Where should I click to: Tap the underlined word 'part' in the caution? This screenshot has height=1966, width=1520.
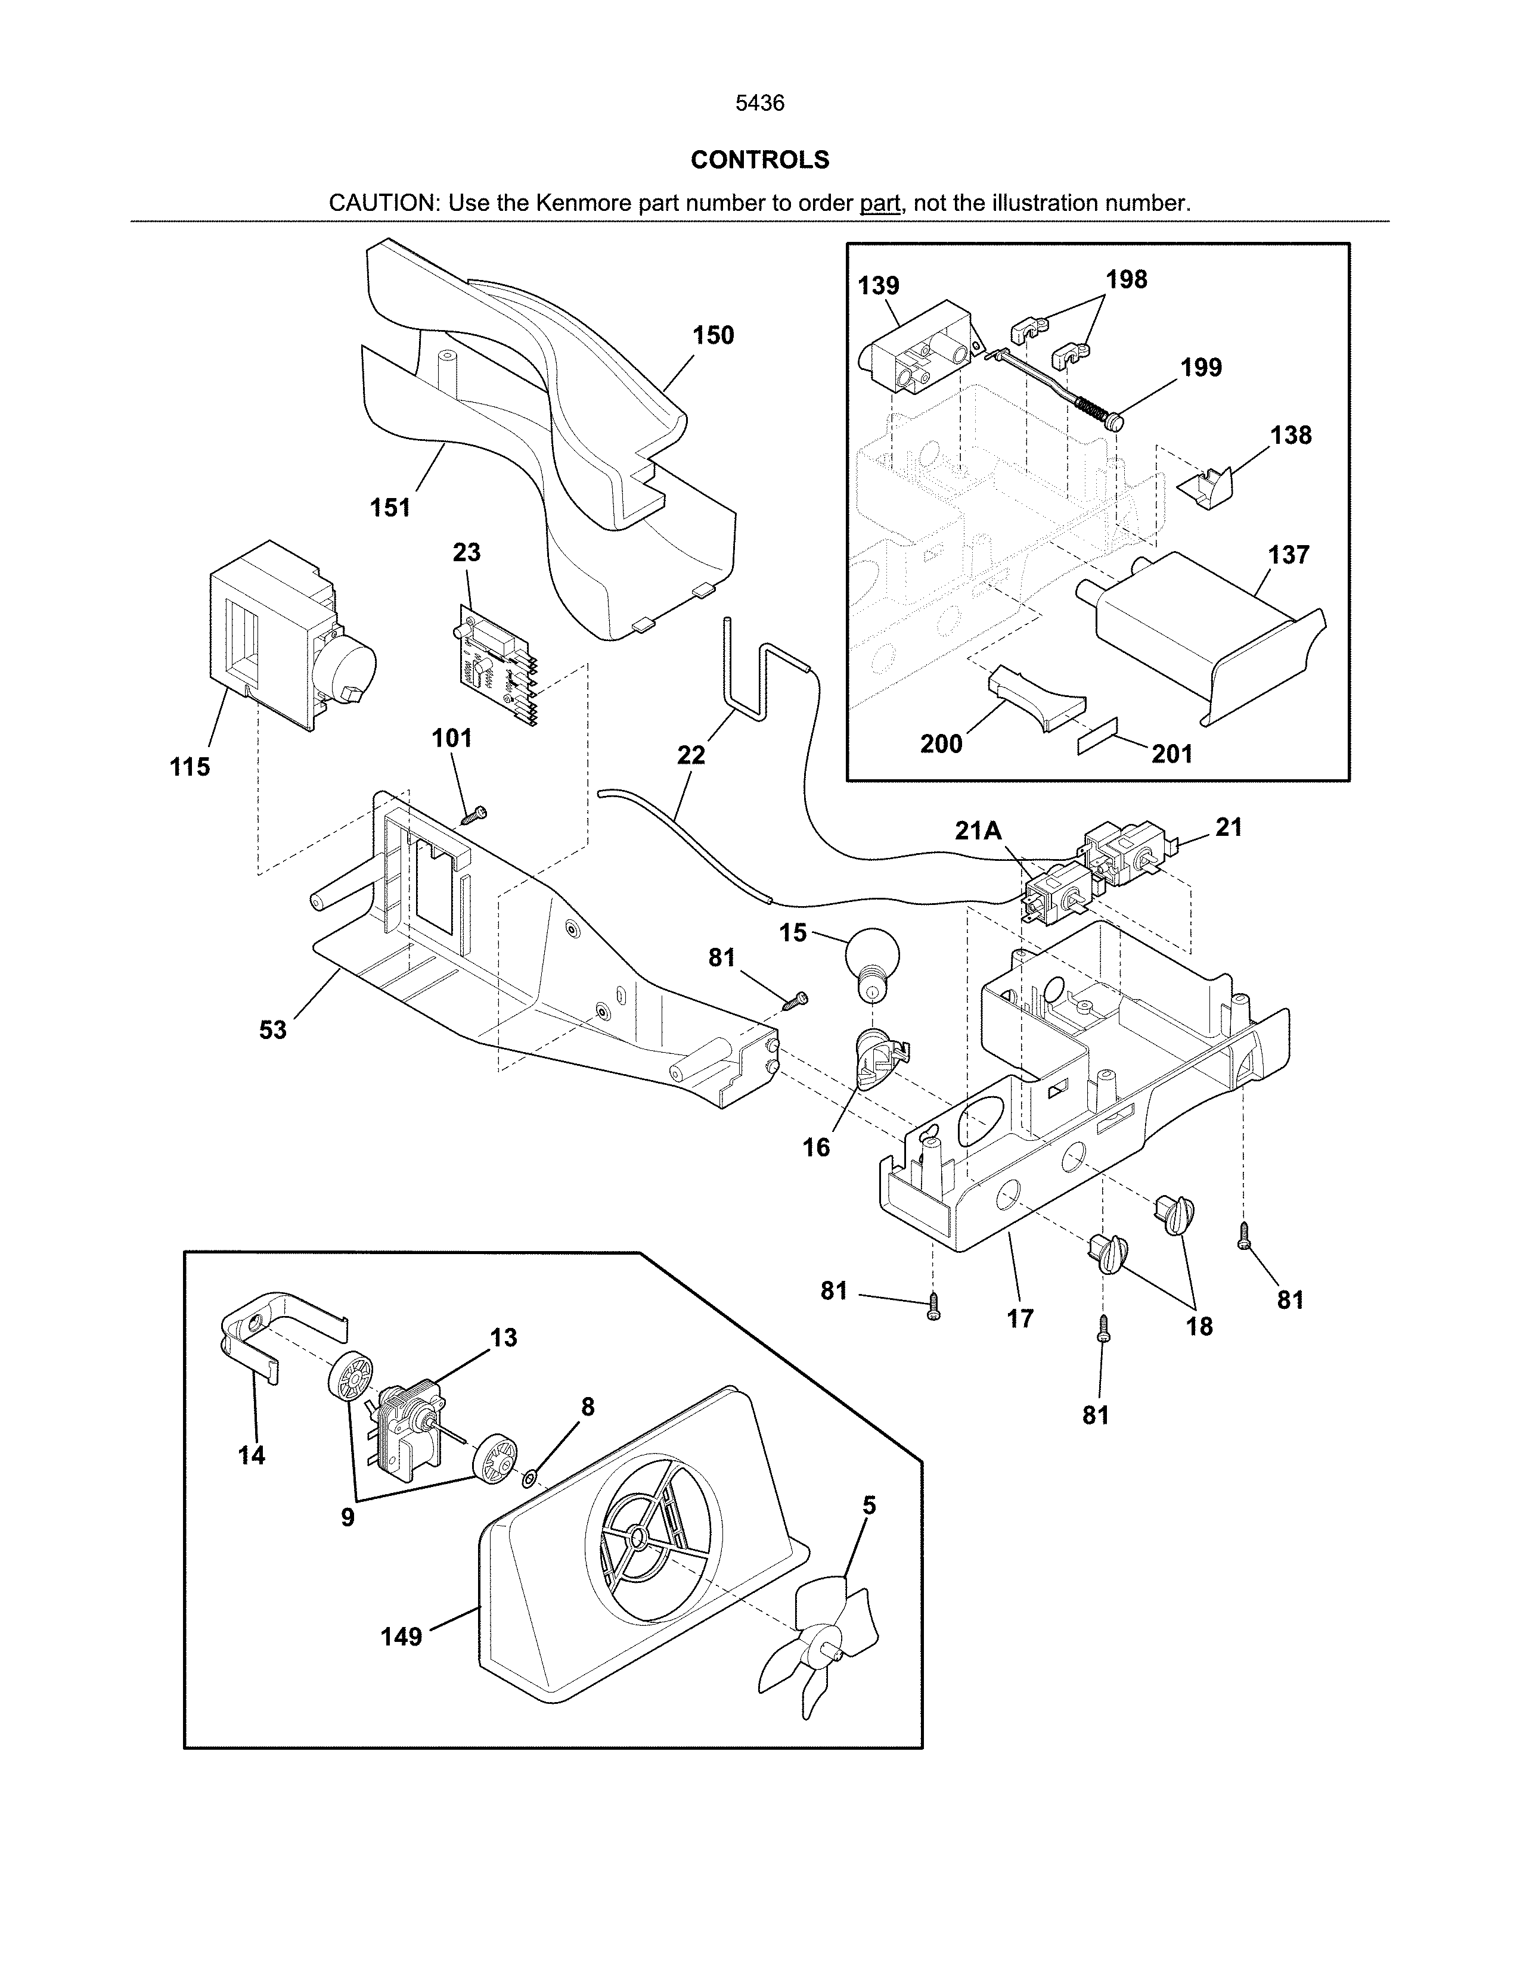coord(880,203)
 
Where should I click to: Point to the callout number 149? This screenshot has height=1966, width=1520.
coord(401,1637)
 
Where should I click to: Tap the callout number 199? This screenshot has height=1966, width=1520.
coord(1201,367)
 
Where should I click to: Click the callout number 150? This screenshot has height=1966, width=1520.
coord(713,336)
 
